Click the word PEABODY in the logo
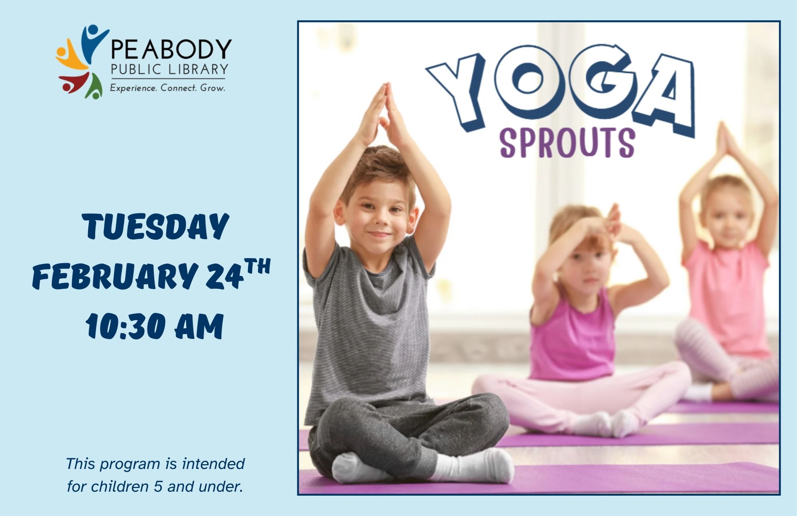171,49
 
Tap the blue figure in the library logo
92,42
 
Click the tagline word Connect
178,88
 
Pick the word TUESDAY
155,226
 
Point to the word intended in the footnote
213,464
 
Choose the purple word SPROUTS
567,143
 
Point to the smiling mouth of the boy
379,234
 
